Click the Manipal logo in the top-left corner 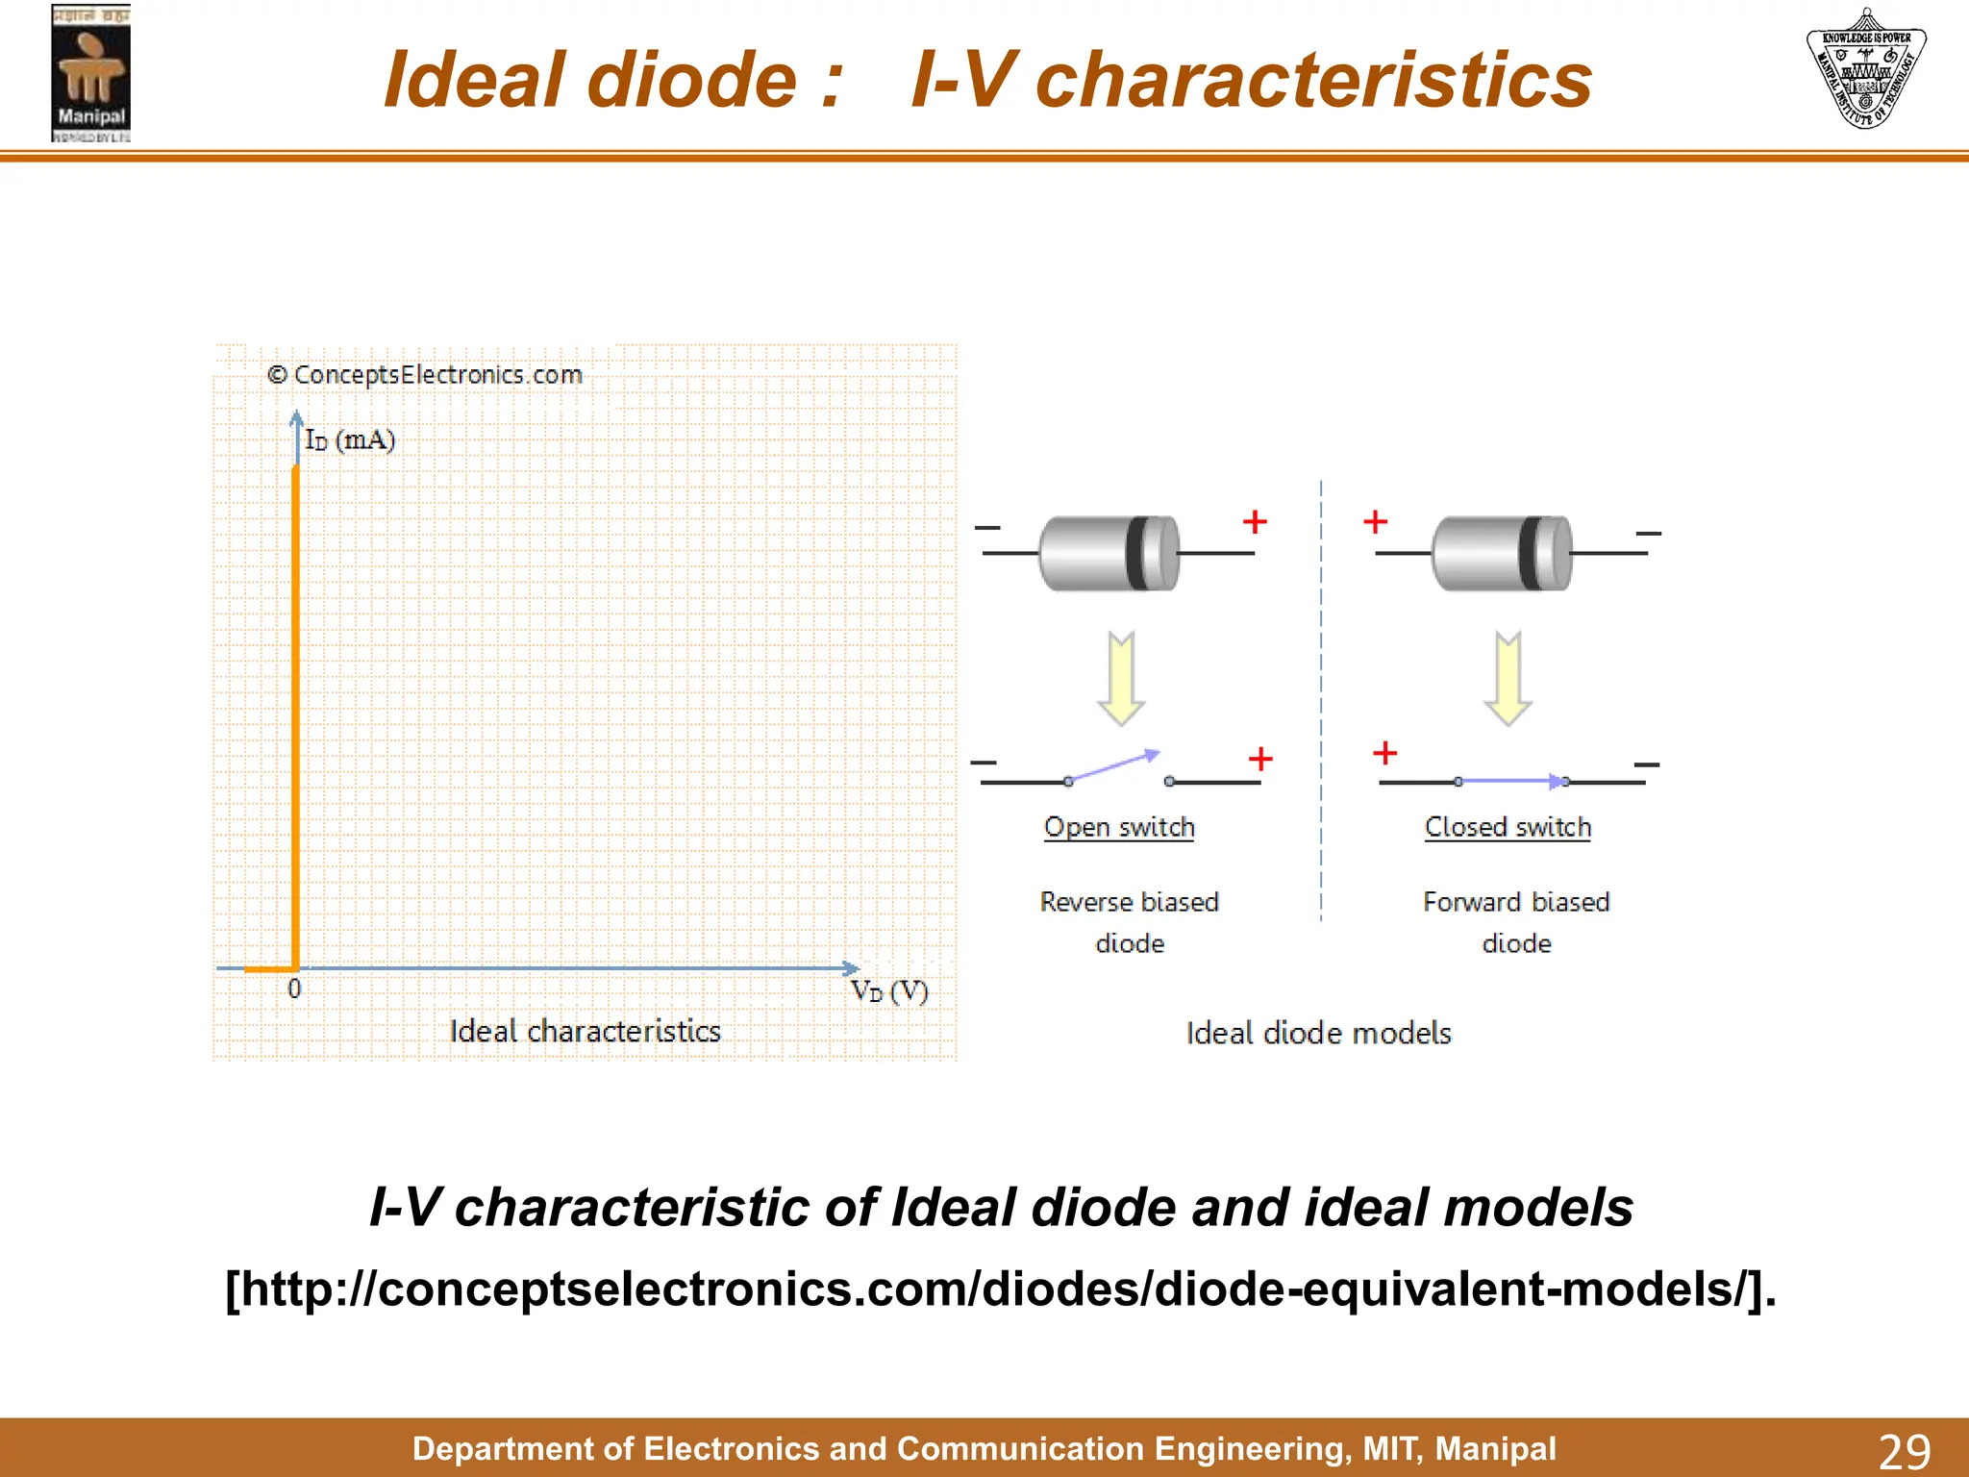[x=90, y=74]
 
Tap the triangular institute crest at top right [x=1865, y=69]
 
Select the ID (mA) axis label [x=350, y=440]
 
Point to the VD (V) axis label [x=889, y=991]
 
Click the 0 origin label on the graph [x=294, y=989]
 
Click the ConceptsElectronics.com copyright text [x=425, y=375]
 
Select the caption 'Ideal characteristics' [x=585, y=1032]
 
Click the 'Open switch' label [x=1119, y=827]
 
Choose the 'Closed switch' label [x=1508, y=827]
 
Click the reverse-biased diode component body [x=1109, y=553]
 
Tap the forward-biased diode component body [x=1502, y=553]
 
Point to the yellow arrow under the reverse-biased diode [x=1121, y=678]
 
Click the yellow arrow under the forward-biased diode [x=1508, y=678]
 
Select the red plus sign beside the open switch [x=1260, y=759]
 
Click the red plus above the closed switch [x=1384, y=752]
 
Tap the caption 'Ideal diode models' [x=1318, y=1034]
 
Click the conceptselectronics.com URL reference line [x=1000, y=1289]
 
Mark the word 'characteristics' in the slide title [x=1313, y=80]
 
